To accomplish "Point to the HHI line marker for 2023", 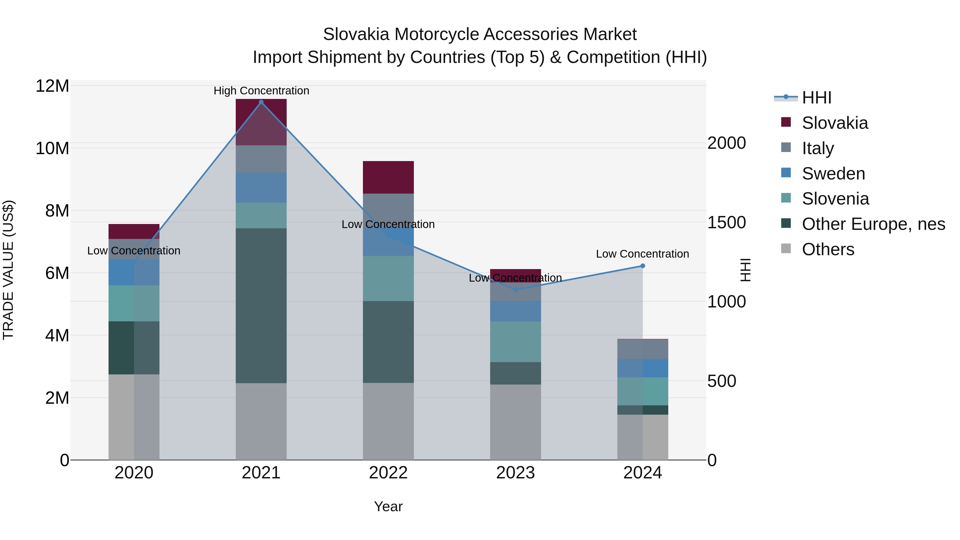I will click(515, 290).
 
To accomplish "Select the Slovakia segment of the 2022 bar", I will click(388, 177).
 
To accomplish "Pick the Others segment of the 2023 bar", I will click(515, 422).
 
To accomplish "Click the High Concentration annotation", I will click(261, 91).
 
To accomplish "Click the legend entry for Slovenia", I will click(835, 199).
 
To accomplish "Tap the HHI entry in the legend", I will click(816, 98).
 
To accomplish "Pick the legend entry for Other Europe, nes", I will click(873, 224).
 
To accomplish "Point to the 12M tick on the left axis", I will click(52, 86).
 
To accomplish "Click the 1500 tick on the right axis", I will click(726, 222).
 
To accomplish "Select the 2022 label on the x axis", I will click(388, 473).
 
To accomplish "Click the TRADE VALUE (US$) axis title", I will click(8, 270).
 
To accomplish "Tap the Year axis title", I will click(388, 506).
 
